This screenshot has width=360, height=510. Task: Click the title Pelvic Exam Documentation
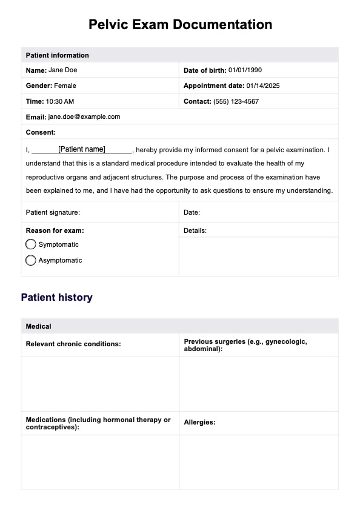pyautogui.click(x=180, y=25)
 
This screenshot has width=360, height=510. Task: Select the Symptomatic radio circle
pyautogui.click(x=31, y=244)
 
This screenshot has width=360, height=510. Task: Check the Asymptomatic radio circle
pyautogui.click(x=31, y=260)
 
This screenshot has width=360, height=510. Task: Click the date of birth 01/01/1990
pyautogui.click(x=245, y=70)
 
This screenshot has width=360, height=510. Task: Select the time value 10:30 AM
pyautogui.click(x=60, y=101)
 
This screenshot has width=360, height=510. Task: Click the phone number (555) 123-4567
pyautogui.click(x=236, y=101)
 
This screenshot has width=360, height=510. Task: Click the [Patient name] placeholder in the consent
pyautogui.click(x=82, y=149)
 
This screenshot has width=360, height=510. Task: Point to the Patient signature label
pyautogui.click(x=53, y=212)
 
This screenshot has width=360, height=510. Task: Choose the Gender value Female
pyautogui.click(x=65, y=86)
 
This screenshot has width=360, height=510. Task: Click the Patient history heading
pyautogui.click(x=57, y=298)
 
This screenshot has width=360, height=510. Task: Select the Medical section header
pyautogui.click(x=39, y=326)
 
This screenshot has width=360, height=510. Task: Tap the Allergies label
pyautogui.click(x=199, y=422)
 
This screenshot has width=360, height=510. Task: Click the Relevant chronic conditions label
pyautogui.click(x=73, y=344)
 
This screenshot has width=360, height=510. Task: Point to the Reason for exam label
pyautogui.click(x=55, y=230)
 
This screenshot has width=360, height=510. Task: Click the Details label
pyautogui.click(x=195, y=230)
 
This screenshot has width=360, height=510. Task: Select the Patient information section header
pyautogui.click(x=58, y=55)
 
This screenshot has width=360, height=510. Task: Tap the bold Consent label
pyautogui.click(x=41, y=132)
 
